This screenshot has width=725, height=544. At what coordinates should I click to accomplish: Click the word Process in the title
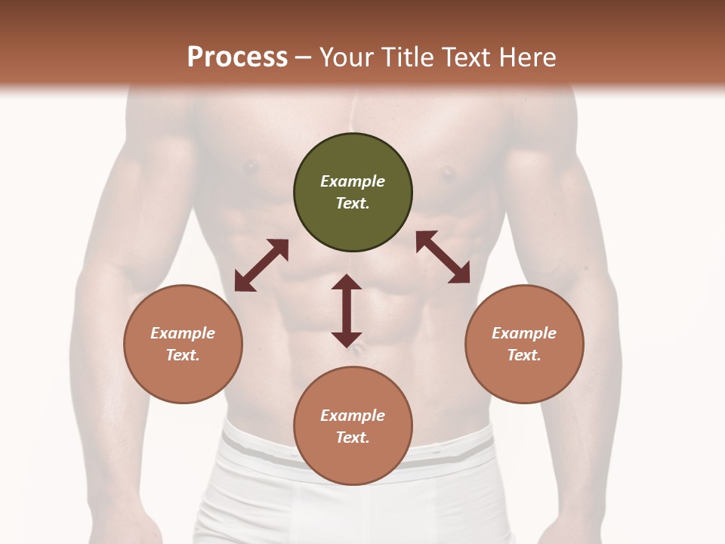coord(237,57)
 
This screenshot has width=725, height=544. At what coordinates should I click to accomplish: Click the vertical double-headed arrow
coord(347,311)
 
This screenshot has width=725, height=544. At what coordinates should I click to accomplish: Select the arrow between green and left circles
coord(261,265)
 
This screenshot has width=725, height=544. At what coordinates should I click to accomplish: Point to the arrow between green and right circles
coord(443,257)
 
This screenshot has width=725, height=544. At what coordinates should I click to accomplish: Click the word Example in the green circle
coord(353,181)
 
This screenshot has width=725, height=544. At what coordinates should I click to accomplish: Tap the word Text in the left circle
coord(183,355)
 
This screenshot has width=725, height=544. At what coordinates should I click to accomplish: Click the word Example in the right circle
coord(524,333)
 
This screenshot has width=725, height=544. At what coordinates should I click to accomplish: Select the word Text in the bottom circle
coord(353,437)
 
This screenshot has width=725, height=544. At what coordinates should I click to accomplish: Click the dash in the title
coord(304,57)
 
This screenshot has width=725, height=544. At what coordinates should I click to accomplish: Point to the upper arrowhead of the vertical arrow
coord(347,282)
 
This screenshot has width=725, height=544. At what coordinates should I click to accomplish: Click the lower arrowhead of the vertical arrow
coord(347,339)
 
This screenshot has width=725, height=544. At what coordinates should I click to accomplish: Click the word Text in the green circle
coord(353,203)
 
